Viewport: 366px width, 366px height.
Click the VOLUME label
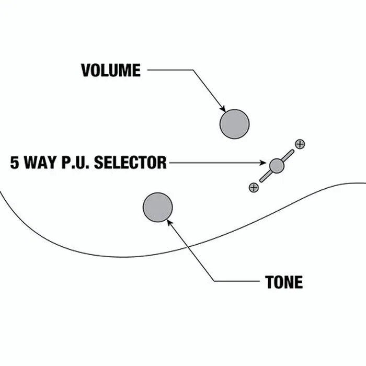(x=111, y=70)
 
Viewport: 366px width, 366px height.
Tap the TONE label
(x=284, y=282)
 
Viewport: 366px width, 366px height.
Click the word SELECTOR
(x=130, y=163)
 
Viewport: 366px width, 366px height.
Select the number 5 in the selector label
(x=15, y=163)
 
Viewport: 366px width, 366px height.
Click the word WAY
(x=40, y=163)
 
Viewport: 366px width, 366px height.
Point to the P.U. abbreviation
(x=75, y=163)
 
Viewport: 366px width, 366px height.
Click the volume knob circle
(x=234, y=124)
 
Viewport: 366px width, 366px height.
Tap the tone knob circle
(x=158, y=207)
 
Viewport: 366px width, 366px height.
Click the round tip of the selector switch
(x=277, y=166)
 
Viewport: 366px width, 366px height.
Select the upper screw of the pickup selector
(x=300, y=144)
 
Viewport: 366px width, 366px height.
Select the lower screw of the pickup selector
(x=254, y=187)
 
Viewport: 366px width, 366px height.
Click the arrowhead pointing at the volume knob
(x=223, y=109)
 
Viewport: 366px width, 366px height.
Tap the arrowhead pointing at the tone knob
(x=170, y=222)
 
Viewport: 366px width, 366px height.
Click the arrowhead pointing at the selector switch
(x=263, y=163)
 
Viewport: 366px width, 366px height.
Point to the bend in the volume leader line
(x=193, y=70)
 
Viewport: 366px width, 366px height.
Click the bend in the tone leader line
(x=214, y=281)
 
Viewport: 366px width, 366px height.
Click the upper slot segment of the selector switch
(x=288, y=155)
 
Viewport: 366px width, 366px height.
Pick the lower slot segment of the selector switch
(x=266, y=176)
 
